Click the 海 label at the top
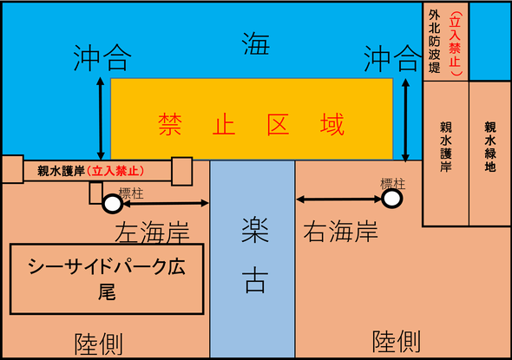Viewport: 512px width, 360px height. click(256, 43)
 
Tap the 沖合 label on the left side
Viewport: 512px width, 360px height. click(102, 58)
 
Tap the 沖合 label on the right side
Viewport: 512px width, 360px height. click(392, 58)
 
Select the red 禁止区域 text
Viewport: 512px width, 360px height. click(251, 124)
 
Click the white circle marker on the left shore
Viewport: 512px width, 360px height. click(113, 204)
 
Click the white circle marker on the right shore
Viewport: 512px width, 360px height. click(392, 198)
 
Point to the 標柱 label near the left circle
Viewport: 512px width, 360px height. click(131, 193)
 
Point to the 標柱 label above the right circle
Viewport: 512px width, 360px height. click(393, 184)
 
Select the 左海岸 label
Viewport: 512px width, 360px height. click(152, 232)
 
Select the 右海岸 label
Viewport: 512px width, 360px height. click(340, 231)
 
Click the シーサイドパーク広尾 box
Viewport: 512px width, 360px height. click(107, 278)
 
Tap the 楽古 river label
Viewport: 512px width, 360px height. click(255, 255)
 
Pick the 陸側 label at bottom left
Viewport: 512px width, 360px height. click(99, 344)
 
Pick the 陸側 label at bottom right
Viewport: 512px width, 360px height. click(397, 342)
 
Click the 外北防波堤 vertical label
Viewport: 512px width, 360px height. click(434, 41)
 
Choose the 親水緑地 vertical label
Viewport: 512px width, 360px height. click(490, 147)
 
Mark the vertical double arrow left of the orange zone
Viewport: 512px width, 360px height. click(101, 119)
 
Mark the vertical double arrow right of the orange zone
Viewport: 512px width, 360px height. click(405, 120)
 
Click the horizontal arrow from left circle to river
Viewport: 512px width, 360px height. click(166, 203)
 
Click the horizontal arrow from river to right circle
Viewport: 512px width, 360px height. click(339, 200)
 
